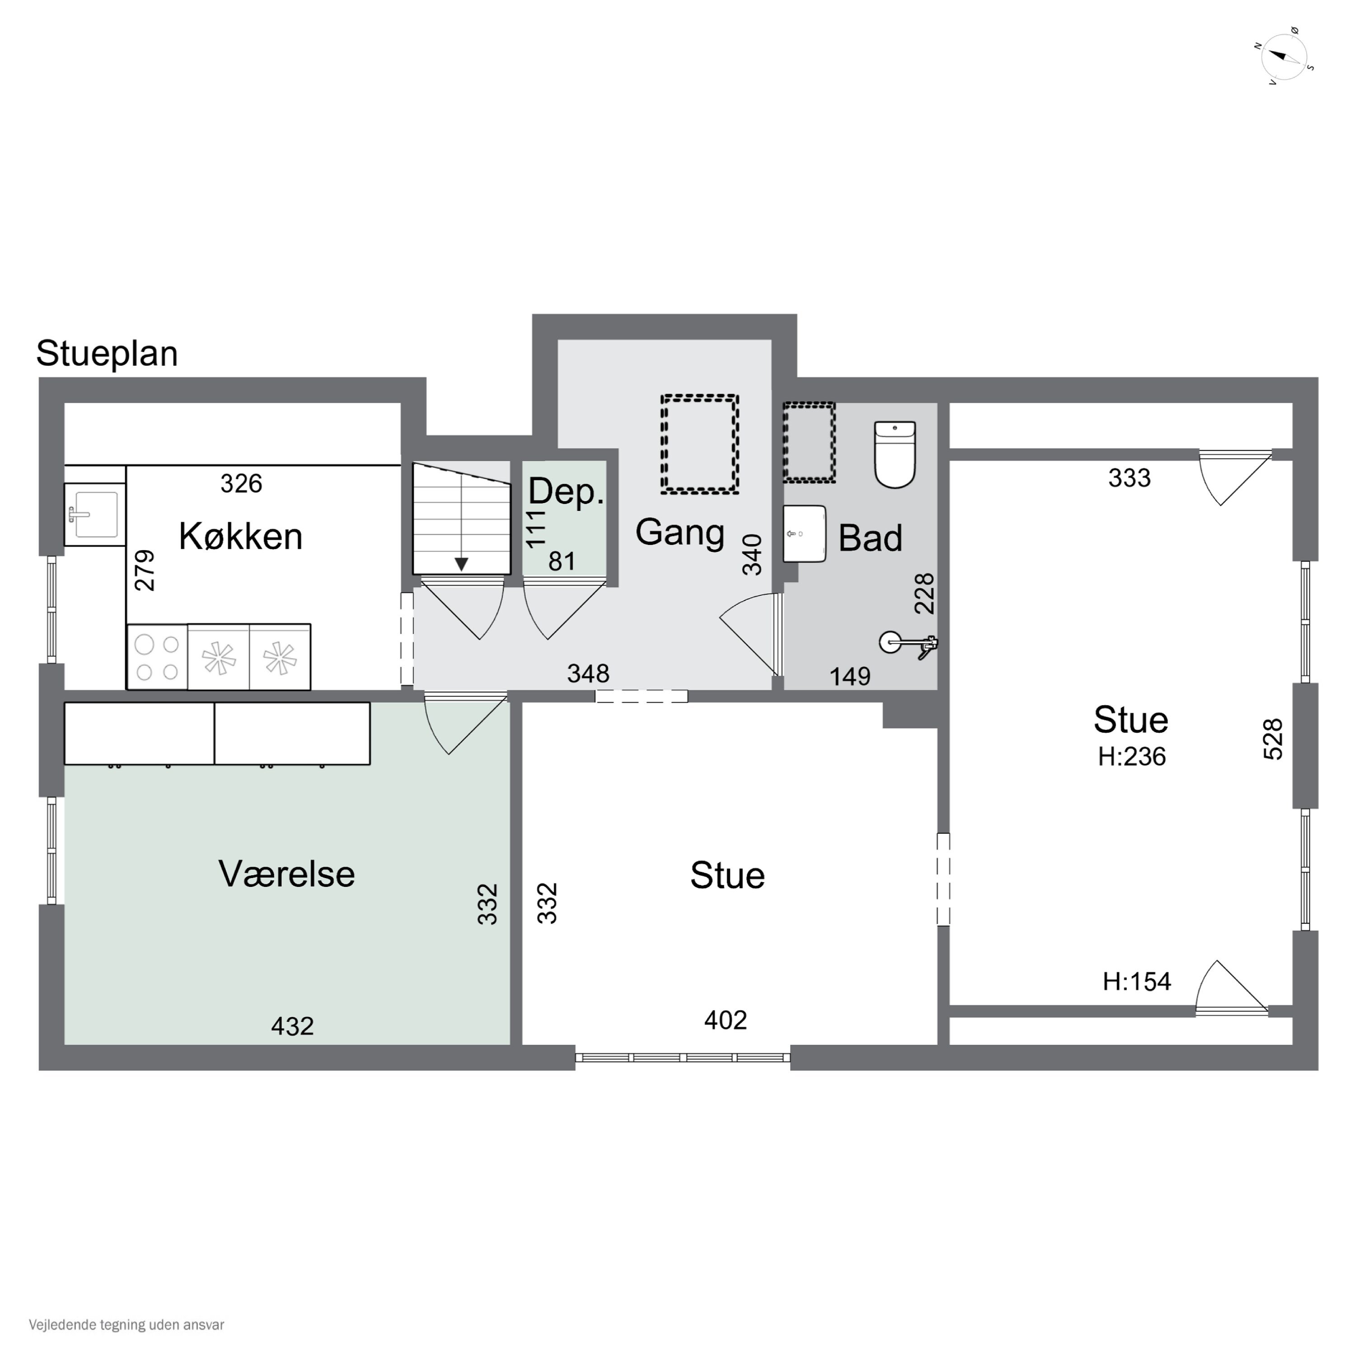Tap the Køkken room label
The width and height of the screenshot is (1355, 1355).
(241, 537)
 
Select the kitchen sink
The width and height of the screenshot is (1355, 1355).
(95, 514)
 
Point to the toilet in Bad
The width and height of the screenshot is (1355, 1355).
(895, 454)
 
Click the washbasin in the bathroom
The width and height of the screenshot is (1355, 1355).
(804, 534)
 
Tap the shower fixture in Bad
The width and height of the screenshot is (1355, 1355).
(909, 644)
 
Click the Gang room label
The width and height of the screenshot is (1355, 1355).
(680, 533)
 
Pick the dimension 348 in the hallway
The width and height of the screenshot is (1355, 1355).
(588, 673)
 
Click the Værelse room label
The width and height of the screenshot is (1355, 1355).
(287, 874)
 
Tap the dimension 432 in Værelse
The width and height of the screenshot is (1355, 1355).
(293, 1026)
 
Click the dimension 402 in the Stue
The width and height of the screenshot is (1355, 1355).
(725, 1020)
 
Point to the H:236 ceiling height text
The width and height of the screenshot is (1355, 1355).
(1131, 757)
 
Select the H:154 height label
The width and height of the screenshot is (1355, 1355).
(1136, 981)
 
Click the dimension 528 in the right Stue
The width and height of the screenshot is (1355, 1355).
(1273, 739)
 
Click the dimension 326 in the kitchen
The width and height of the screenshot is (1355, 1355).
(241, 483)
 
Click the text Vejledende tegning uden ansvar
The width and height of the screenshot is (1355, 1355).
(126, 1325)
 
